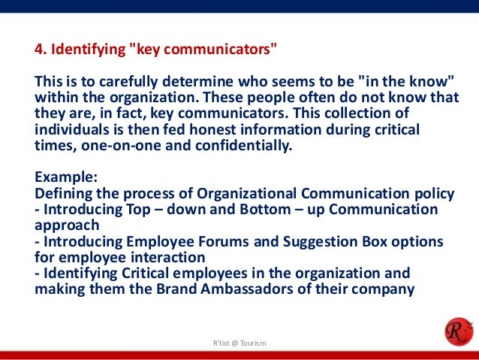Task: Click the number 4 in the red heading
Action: point(39,52)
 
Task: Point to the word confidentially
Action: point(246,146)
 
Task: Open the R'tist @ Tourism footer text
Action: point(239,343)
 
